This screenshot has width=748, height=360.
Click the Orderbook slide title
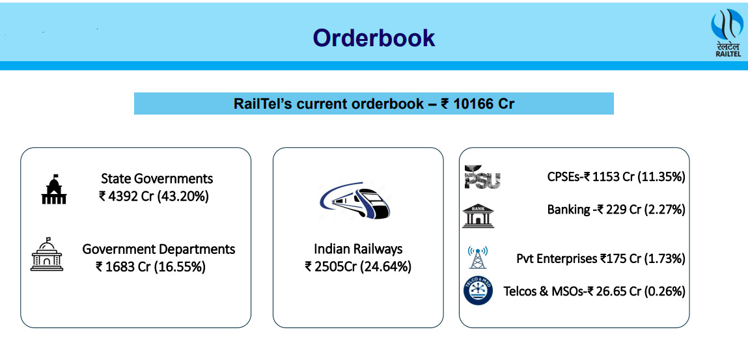click(x=374, y=38)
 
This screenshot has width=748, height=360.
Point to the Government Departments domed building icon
click(x=47, y=255)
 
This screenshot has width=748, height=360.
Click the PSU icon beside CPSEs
click(x=482, y=176)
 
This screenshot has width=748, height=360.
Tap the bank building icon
click(x=478, y=215)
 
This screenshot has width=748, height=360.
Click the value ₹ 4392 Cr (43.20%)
click(x=154, y=196)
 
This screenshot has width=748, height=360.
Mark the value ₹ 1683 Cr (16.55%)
click(x=150, y=266)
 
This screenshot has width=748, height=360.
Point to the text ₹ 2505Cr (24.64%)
click(x=358, y=266)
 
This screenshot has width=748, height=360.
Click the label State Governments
click(x=157, y=178)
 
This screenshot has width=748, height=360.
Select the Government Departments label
click(x=159, y=249)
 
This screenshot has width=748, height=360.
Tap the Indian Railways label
click(x=358, y=249)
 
